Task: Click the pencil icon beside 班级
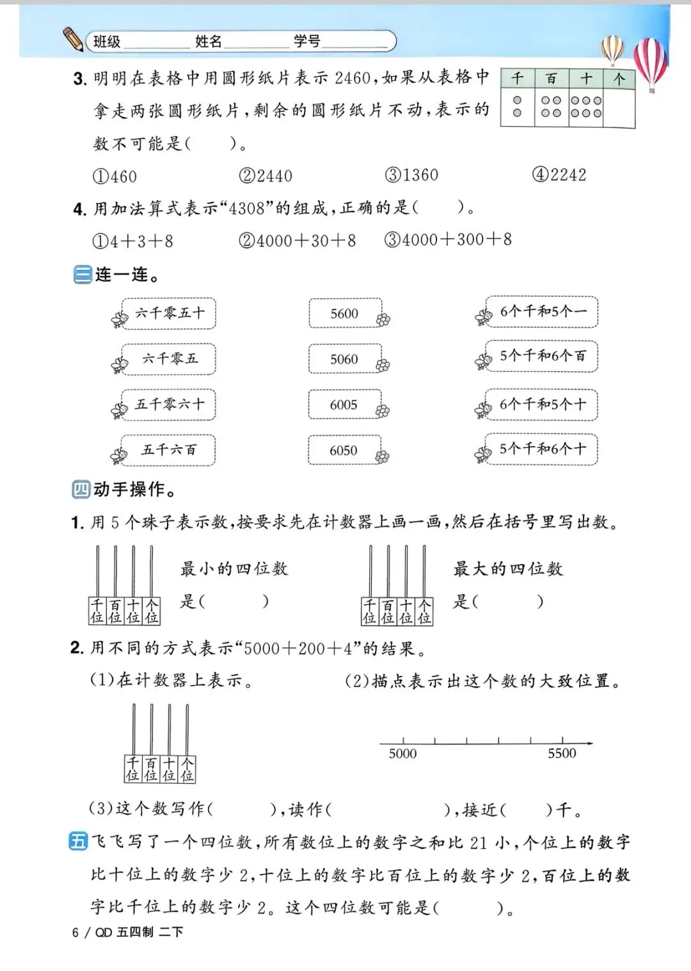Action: tap(73, 39)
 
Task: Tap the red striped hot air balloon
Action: tap(650, 61)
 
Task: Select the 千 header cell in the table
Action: tap(517, 79)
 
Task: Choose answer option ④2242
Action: tap(559, 175)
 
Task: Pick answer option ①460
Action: tap(115, 176)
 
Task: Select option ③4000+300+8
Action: tap(448, 240)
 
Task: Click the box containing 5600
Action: tap(345, 314)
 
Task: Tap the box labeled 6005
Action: tap(344, 405)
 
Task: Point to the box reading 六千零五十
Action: tap(169, 313)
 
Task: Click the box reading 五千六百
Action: tap(169, 450)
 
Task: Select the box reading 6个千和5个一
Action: tap(541, 312)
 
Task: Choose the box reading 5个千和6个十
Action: tap(541, 449)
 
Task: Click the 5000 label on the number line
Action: tap(402, 754)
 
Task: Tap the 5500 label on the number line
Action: tap(562, 754)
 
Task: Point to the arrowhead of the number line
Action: tap(589, 743)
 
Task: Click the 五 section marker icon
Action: tap(78, 842)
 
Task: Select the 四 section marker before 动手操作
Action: tap(81, 490)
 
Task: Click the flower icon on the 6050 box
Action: tap(383, 457)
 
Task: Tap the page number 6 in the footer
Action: tap(75, 933)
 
